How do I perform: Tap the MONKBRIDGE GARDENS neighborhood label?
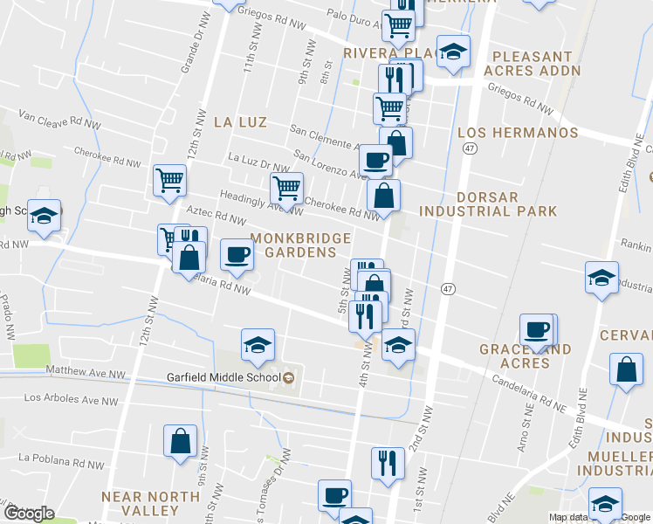click(x=300, y=245)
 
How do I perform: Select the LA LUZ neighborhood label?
click(x=240, y=122)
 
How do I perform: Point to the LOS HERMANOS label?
click(x=518, y=133)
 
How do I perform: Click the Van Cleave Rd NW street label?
click(x=51, y=117)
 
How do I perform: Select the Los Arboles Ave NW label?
click(x=69, y=398)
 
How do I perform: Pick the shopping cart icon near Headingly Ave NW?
click(x=286, y=186)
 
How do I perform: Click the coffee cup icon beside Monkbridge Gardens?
click(x=237, y=254)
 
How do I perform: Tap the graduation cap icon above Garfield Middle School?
click(x=258, y=345)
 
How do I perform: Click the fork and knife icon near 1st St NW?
click(x=387, y=463)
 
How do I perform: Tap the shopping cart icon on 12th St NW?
click(x=169, y=180)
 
